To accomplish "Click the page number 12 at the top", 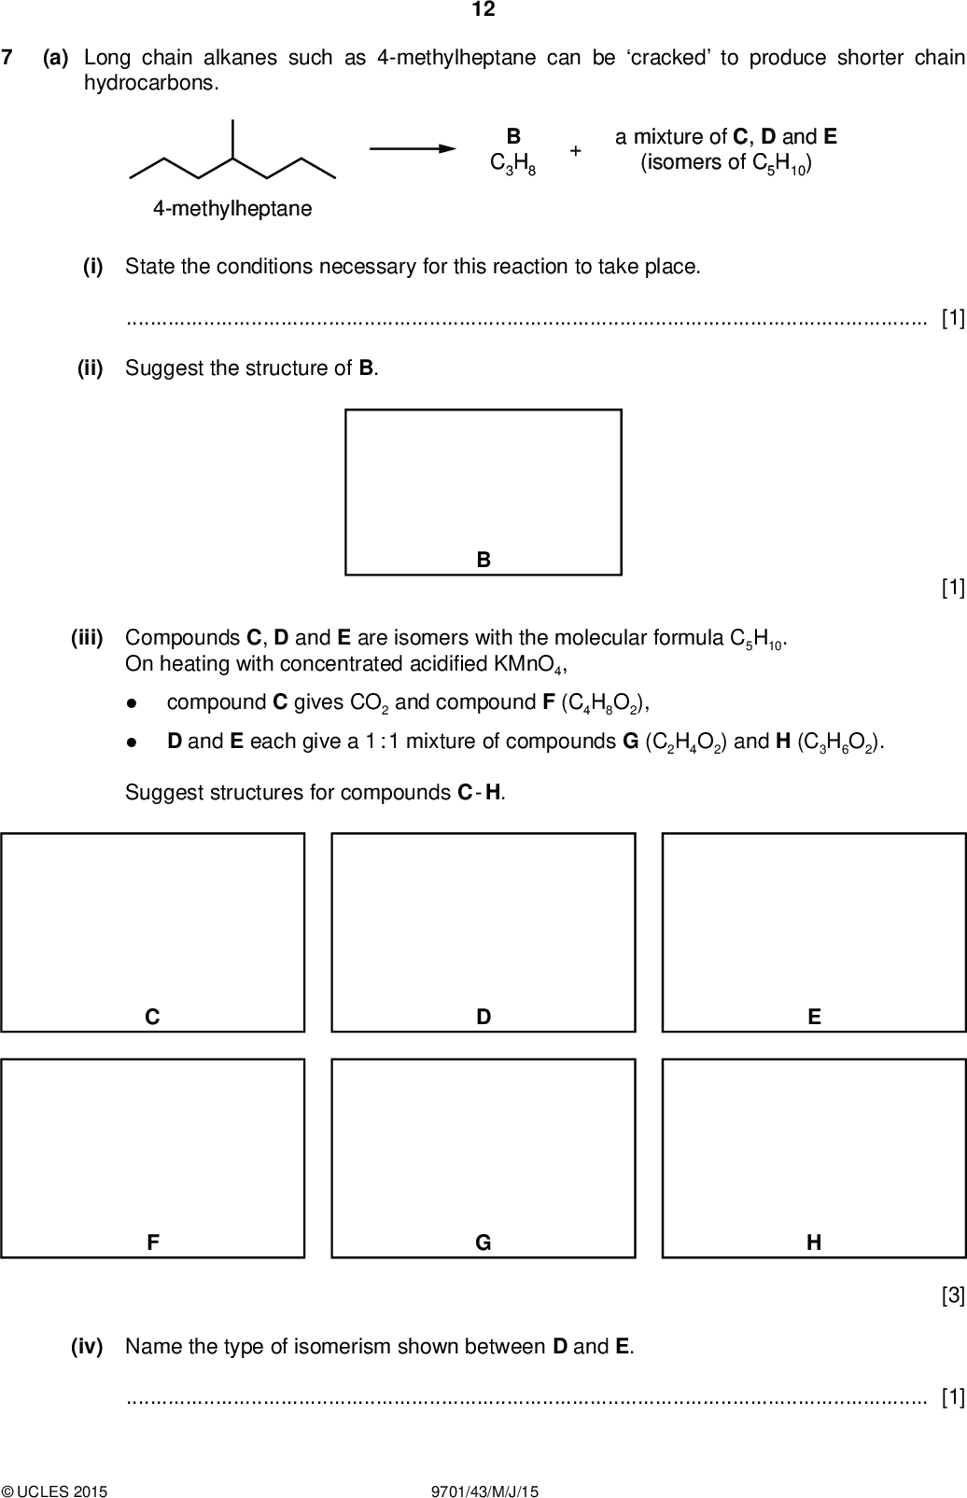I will point(483,10).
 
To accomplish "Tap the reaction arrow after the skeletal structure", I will point(413,148).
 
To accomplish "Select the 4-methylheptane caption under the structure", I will point(232,209).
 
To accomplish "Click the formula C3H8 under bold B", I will point(512,163).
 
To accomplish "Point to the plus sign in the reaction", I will point(576,150).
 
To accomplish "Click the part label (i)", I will point(92,267).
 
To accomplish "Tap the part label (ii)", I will point(90,368).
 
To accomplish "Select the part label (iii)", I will point(87,638).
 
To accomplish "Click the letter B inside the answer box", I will point(483,560).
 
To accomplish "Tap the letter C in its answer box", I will point(152,1017).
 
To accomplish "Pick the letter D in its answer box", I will point(483,1017).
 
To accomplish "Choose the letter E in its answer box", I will point(814,1017).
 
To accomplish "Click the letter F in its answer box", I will point(152,1242).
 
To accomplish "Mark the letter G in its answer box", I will point(483,1242).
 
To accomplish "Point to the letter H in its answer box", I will point(814,1242).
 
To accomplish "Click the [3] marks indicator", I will point(952,1295).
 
